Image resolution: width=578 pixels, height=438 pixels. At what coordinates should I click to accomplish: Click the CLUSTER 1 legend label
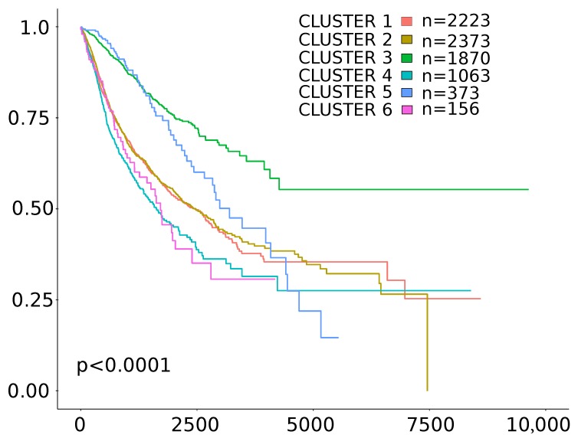click(345, 21)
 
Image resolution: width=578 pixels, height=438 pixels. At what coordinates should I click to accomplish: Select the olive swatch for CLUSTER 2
click(408, 40)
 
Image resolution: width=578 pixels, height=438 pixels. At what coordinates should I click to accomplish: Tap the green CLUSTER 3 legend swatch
click(408, 57)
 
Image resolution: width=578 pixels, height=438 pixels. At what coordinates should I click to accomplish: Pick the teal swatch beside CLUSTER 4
click(408, 75)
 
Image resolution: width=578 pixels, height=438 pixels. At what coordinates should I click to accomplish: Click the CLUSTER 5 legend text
click(345, 93)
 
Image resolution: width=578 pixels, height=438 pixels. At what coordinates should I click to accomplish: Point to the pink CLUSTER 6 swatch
click(408, 109)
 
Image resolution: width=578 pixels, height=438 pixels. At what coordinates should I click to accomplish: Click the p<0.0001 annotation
click(123, 366)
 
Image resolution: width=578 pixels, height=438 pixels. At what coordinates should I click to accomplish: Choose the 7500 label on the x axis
click(428, 423)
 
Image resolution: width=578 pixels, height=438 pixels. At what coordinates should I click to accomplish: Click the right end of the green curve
click(528, 189)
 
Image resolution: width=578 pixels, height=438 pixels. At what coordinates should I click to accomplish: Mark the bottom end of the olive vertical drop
click(427, 390)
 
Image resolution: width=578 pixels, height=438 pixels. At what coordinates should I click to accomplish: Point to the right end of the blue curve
click(338, 338)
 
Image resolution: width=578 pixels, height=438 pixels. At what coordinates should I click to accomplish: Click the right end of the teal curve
click(471, 290)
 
